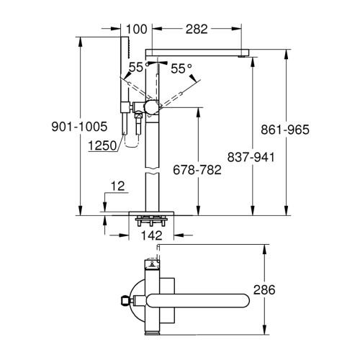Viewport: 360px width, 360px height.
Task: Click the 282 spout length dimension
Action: [197, 30]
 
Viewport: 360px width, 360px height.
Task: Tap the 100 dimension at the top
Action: [136, 30]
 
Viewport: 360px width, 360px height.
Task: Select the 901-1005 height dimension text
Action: [79, 127]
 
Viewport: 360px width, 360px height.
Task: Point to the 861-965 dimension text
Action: [285, 130]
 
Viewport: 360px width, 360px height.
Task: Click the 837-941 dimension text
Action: [251, 158]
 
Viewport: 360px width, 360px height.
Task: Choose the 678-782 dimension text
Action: [197, 170]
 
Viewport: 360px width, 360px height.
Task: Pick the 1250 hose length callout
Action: [102, 145]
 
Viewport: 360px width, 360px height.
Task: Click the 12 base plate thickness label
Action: [118, 186]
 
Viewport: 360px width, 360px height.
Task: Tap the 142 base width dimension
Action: [151, 235]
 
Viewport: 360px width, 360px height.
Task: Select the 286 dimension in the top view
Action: [264, 289]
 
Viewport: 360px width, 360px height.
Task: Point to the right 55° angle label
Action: [181, 68]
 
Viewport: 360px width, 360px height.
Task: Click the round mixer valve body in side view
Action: [151, 108]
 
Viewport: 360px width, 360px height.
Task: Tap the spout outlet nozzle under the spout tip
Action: [242, 57]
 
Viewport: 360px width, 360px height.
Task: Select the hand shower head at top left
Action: [125, 48]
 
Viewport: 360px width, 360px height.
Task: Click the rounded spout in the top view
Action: [198, 300]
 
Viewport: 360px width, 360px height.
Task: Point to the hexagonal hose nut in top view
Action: [124, 300]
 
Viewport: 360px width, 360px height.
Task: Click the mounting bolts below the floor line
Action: [150, 221]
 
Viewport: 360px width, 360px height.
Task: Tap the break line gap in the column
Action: [152, 170]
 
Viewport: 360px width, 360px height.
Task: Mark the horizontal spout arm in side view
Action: [197, 53]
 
